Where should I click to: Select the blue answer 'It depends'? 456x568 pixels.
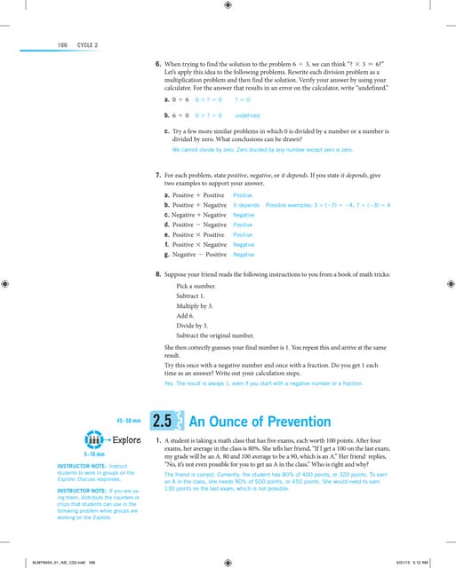point(246,205)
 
